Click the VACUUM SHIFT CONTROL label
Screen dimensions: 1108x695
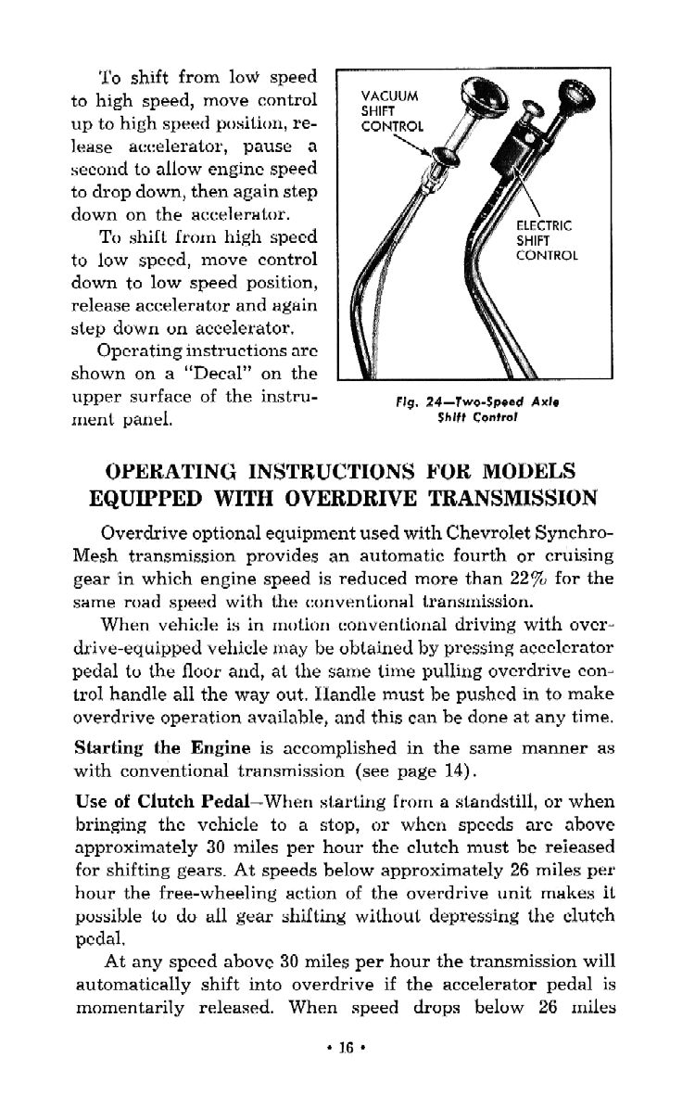click(390, 109)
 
